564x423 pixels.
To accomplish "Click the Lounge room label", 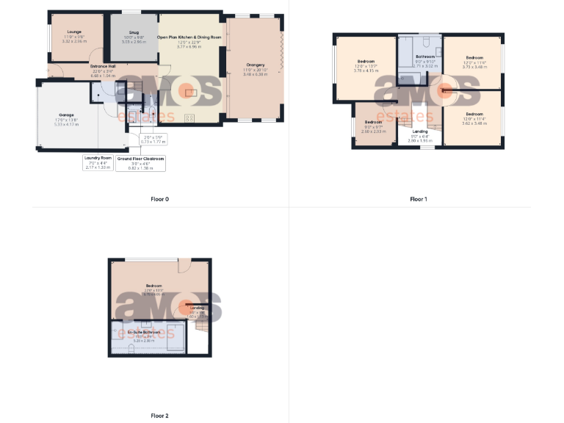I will pyautogui.click(x=74, y=32).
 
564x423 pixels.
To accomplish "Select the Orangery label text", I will pyautogui.click(x=255, y=65).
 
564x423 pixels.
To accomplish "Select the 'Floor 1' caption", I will pyautogui.click(x=418, y=199).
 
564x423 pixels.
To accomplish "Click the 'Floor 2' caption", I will pyautogui.click(x=159, y=416).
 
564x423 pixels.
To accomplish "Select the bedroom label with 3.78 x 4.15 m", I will pyautogui.click(x=366, y=61).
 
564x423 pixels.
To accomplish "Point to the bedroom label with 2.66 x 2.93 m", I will pyautogui.click(x=373, y=122).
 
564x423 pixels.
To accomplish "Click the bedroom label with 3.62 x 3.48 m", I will pyautogui.click(x=474, y=114).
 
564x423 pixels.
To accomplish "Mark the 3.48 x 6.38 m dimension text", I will pyautogui.click(x=255, y=73).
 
